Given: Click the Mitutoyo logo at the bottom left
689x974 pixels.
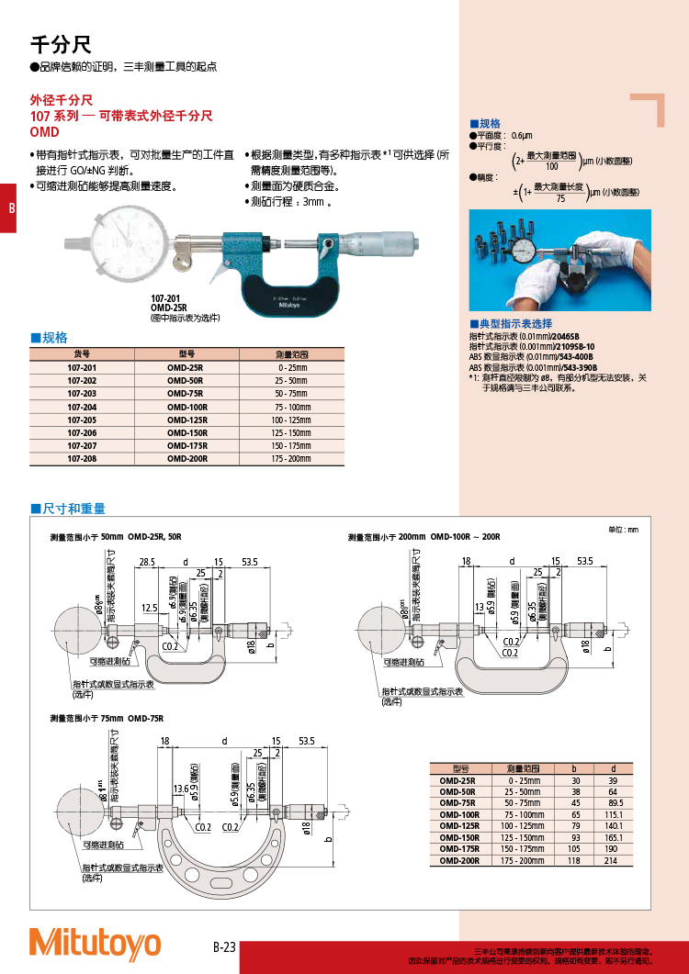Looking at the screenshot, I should [95, 943].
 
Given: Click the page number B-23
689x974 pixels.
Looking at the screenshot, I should [225, 947].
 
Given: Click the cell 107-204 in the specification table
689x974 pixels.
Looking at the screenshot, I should [82, 406].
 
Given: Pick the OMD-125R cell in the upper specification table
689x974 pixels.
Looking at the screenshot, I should [186, 419].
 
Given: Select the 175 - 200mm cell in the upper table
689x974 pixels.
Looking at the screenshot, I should [291, 457].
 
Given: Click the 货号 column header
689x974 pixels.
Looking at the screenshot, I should [82, 353].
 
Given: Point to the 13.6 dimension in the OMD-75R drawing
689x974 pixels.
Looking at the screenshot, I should [180, 789].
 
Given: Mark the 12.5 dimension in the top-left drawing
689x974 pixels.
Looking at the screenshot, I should [150, 608].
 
